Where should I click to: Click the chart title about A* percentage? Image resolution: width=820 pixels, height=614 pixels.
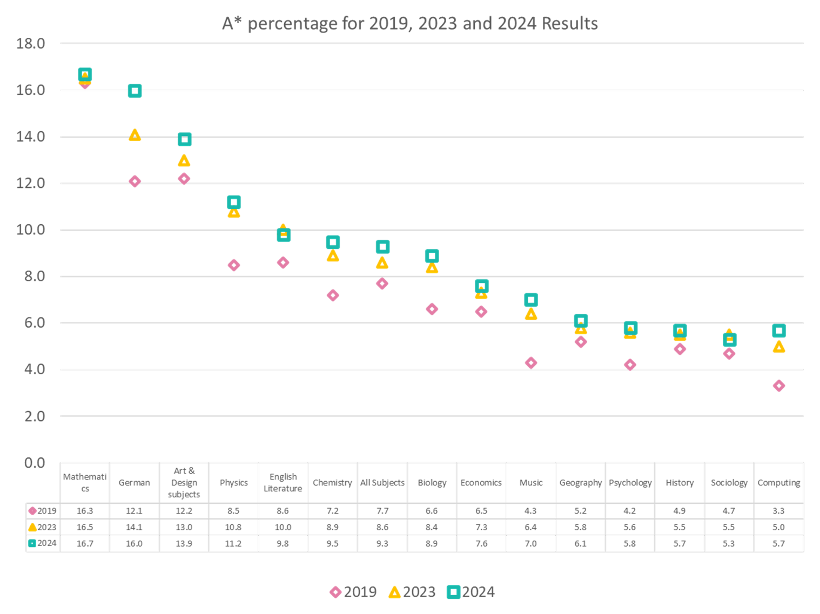click(410, 24)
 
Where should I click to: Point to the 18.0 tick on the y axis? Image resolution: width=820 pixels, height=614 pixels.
click(31, 44)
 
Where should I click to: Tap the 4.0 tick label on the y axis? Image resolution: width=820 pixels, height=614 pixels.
click(31, 370)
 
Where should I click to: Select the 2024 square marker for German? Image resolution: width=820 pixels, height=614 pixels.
click(135, 91)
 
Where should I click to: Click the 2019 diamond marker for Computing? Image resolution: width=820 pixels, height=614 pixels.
click(778, 386)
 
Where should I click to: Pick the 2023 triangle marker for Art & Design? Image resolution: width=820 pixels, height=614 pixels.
click(184, 160)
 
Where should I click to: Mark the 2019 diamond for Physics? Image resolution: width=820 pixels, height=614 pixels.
click(233, 265)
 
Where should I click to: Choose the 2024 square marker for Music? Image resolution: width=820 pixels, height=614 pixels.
click(531, 300)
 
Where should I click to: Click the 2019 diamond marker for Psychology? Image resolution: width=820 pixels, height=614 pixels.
click(630, 365)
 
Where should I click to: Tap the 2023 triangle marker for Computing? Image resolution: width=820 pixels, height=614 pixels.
click(778, 347)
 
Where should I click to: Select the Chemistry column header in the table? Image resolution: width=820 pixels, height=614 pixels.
click(332, 483)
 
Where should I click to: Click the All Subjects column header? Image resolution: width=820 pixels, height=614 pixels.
click(382, 483)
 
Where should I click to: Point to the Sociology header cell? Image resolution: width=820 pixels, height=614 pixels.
click(729, 483)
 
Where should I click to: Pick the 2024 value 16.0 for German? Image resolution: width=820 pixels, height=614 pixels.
click(135, 544)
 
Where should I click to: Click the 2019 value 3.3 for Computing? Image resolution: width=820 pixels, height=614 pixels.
click(778, 511)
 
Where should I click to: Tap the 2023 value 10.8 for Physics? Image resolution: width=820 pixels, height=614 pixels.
click(233, 527)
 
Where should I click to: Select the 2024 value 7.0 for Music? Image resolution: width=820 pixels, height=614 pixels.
click(531, 544)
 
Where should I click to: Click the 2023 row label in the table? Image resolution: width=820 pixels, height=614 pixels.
click(43, 527)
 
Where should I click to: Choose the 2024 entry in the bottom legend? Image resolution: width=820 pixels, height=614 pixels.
click(471, 592)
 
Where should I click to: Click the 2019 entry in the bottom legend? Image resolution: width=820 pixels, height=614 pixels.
click(353, 592)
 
